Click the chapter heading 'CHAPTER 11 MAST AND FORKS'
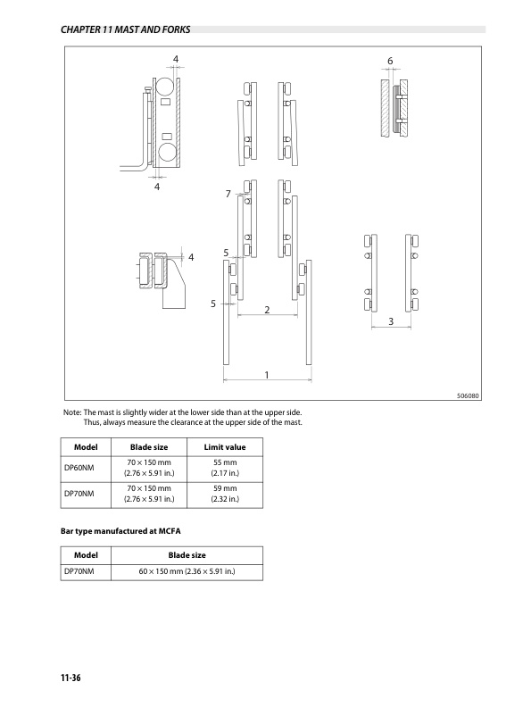(124, 29)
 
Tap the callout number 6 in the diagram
(390, 60)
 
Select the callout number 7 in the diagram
(228, 194)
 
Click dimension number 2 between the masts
(267, 310)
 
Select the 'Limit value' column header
(225, 446)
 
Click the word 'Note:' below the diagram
(71, 412)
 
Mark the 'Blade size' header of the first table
(149, 446)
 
